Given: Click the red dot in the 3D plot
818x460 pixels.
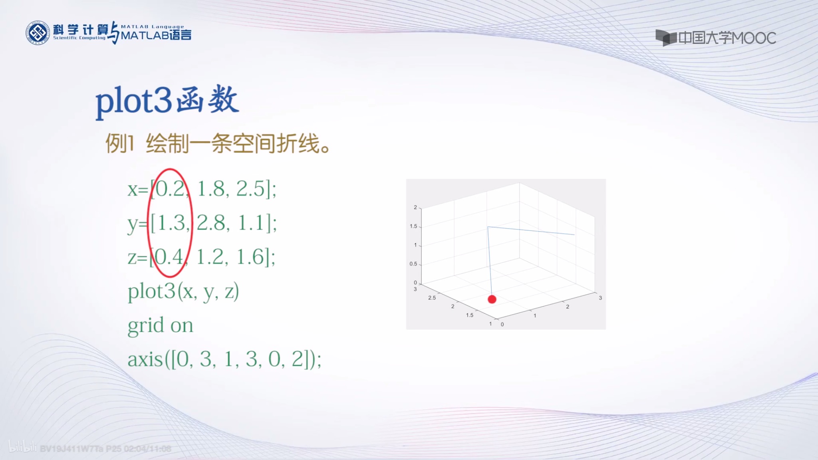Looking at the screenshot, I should pos(492,299).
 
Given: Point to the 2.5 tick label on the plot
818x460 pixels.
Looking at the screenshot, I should pos(432,298).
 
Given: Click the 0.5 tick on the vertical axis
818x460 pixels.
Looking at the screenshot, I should pos(413,264).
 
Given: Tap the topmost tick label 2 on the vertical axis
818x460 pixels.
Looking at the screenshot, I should pos(415,207).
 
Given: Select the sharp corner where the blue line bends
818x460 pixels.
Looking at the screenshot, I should pos(488,227).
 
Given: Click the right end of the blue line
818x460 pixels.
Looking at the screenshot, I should pos(574,234).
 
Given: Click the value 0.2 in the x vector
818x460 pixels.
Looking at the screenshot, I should pos(170,188).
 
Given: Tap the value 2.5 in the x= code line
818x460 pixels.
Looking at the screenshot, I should pos(250,188).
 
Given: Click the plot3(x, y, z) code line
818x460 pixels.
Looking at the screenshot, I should pos(183,291).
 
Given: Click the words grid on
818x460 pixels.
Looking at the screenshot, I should pos(160,325).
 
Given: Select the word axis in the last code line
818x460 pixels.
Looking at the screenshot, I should pos(145,359).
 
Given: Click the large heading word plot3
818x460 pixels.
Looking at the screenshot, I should pos(133,101).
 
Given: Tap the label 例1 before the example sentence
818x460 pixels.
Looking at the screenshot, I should pos(119,143).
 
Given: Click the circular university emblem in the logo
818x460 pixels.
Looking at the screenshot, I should pos(38,33).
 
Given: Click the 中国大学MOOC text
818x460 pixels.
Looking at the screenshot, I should pos(727,38).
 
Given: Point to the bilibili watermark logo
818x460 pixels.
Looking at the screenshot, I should pos(22,447).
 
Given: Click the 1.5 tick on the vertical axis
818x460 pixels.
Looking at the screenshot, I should pos(413,226).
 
